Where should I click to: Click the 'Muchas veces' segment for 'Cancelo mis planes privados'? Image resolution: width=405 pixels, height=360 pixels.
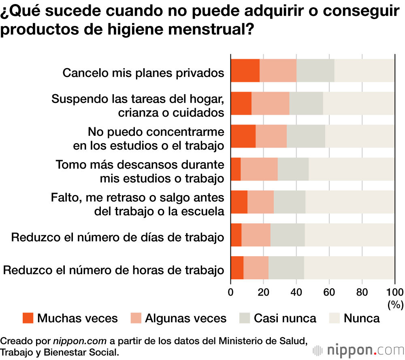coord(245,71)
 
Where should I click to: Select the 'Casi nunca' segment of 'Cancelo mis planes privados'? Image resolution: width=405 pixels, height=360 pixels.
coord(315,71)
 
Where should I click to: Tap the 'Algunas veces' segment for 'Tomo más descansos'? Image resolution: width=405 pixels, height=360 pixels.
coord(259,169)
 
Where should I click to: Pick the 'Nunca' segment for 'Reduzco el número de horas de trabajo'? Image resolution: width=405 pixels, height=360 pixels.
coord(349,268)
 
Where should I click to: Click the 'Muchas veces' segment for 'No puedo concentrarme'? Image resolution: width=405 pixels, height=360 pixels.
coord(243,136)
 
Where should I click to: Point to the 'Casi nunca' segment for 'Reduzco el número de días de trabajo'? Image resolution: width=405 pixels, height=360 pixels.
coord(288,235)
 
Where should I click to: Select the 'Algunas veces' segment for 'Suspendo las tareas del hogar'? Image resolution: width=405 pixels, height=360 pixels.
coord(271,103)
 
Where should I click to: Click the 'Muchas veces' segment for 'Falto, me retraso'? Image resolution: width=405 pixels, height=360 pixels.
coord(239,202)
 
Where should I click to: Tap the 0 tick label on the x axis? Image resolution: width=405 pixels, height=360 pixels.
coord(231,292)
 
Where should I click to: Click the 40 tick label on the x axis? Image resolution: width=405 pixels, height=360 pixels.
coord(296,292)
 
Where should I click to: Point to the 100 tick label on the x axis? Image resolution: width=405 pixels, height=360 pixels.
coord(395,292)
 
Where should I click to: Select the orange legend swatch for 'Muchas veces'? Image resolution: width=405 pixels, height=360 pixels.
coord(28,318)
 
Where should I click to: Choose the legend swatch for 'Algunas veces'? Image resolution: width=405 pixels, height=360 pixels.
coord(136,318)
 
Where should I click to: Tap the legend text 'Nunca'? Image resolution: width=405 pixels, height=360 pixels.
coord(362,318)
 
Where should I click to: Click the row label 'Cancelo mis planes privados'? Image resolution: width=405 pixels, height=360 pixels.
coord(143,73)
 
